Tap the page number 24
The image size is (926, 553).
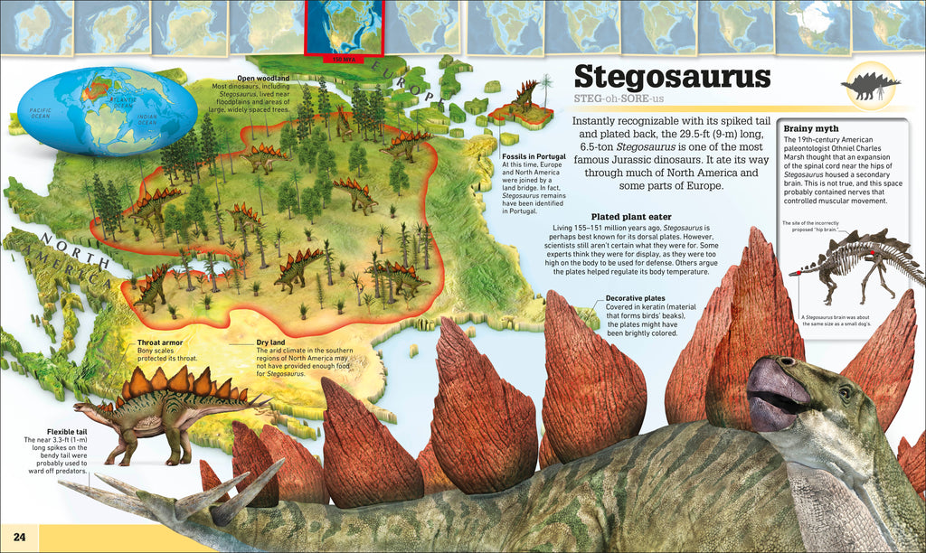(19, 539)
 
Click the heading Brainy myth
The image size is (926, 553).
(812, 128)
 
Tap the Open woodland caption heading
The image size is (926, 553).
(263, 78)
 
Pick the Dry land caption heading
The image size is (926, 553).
(273, 343)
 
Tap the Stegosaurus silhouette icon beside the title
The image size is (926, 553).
(869, 86)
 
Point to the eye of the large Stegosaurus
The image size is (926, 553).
(845, 393)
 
